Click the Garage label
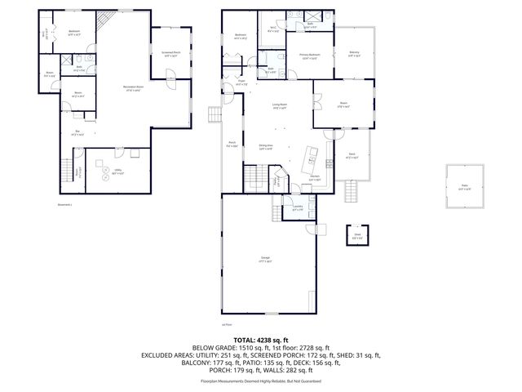[266, 261]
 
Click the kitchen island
[311, 155]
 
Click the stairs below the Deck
[352, 193]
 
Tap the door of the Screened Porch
[171, 78]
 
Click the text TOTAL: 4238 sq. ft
[261, 339]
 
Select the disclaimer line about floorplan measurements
[261, 381]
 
